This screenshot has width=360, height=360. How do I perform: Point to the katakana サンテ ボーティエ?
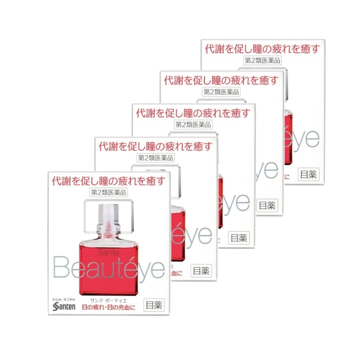[108, 299]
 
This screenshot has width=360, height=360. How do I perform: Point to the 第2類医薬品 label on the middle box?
[193, 125]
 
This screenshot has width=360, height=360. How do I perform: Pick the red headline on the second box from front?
[155, 146]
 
